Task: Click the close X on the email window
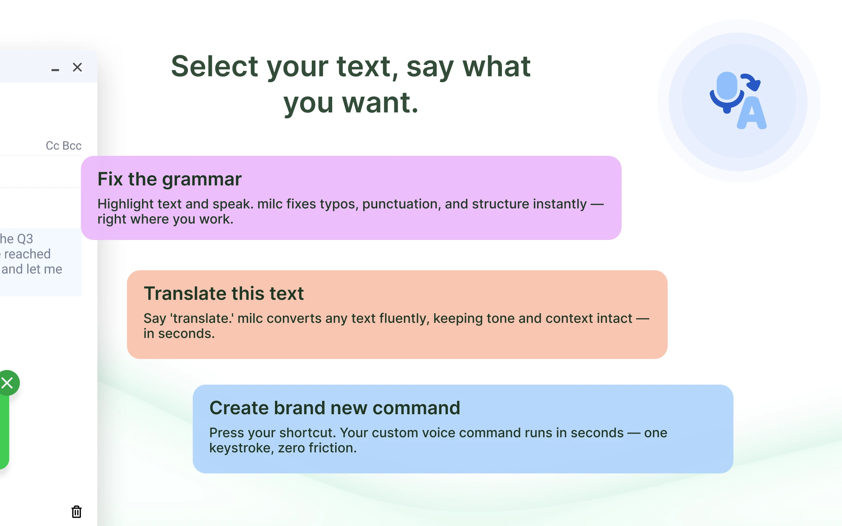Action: (77, 67)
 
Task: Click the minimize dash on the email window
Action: (55, 70)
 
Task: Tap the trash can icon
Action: (77, 512)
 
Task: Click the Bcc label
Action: (72, 145)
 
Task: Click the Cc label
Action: (53, 145)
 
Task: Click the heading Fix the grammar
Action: (169, 179)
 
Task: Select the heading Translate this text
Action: (224, 293)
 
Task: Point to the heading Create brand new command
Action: (335, 408)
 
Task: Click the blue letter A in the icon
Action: (752, 113)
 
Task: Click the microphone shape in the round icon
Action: (727, 92)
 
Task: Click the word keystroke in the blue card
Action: (240, 448)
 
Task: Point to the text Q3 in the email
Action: (25, 239)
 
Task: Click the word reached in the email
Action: (28, 254)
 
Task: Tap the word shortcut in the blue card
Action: (308, 433)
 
